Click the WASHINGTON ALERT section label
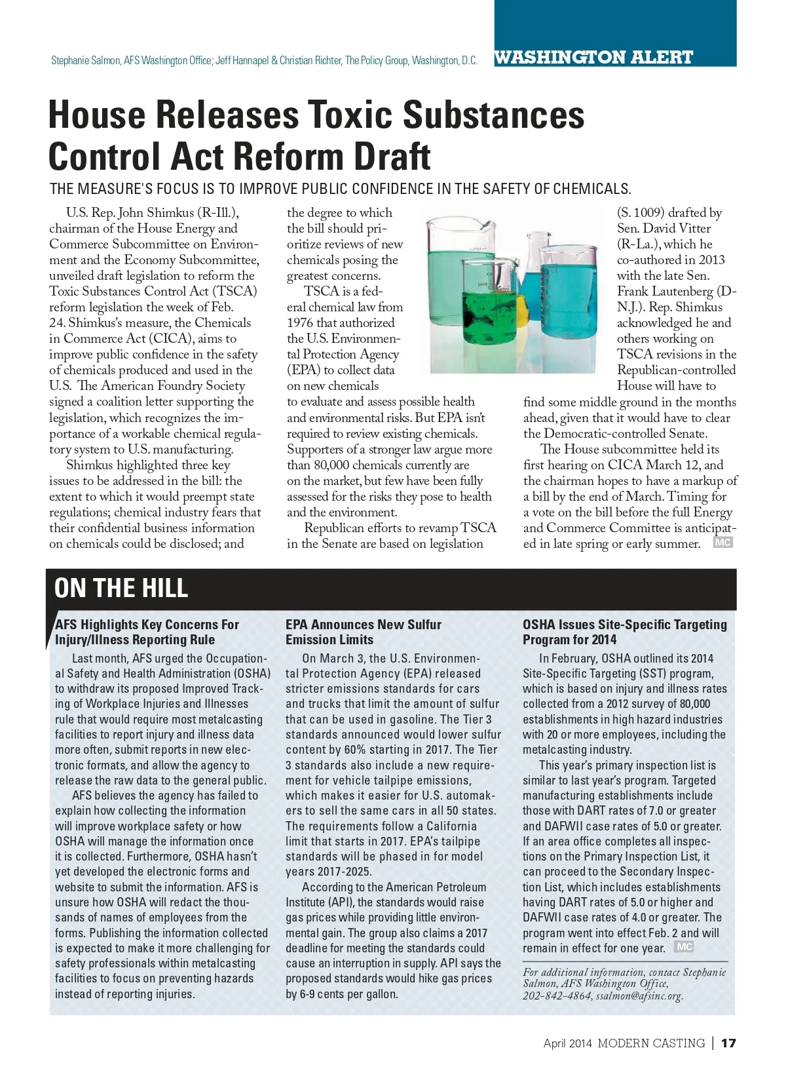click(x=593, y=58)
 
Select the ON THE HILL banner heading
click(x=121, y=588)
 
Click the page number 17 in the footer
click(x=728, y=1043)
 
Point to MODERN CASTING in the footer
click(x=651, y=1043)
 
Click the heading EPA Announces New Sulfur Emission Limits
click(x=364, y=632)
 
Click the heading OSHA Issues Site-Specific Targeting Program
click(x=624, y=632)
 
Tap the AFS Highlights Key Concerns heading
click(x=147, y=632)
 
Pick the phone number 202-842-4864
click(x=557, y=996)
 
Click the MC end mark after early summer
click(x=722, y=543)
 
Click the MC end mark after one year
click(x=684, y=947)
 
